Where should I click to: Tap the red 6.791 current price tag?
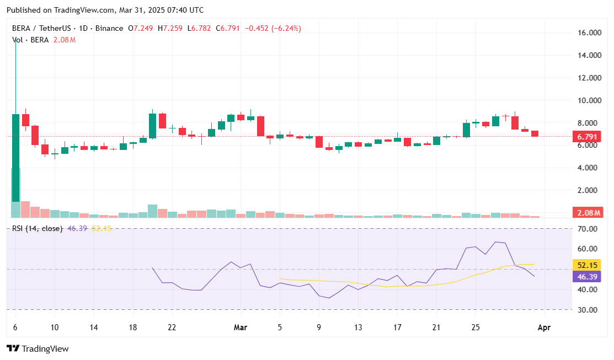[x=588, y=136]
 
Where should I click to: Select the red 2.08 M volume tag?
[x=588, y=213]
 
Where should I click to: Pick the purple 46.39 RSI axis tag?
[x=588, y=276]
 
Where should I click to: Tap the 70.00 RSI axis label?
[x=588, y=228]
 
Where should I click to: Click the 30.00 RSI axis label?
[x=588, y=310]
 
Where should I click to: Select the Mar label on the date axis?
[x=240, y=327]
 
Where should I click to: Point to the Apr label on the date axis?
[x=544, y=327]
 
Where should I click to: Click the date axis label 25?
[x=476, y=327]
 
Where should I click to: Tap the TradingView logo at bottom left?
[x=38, y=348]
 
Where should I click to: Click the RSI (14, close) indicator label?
[x=37, y=228]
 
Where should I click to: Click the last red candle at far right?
[x=535, y=133]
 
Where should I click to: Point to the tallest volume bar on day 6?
[x=15, y=193]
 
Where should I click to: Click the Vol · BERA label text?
[x=30, y=40]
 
